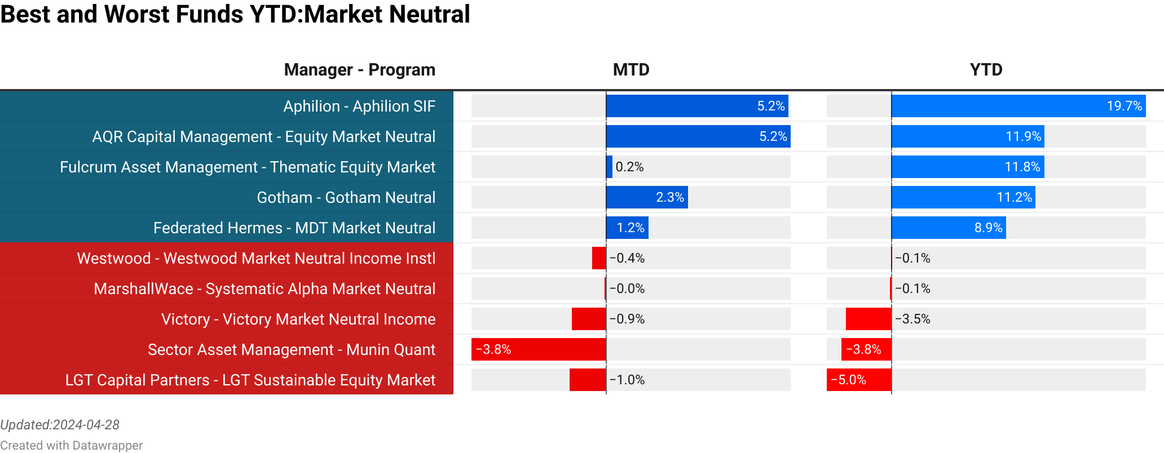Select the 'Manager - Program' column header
(x=359, y=70)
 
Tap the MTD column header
(x=631, y=70)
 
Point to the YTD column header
(x=986, y=70)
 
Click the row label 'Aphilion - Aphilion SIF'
(x=359, y=106)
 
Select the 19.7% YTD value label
(x=1124, y=106)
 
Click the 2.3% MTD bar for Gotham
(x=646, y=198)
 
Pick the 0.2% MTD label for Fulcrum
(x=629, y=167)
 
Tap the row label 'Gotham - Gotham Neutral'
(x=346, y=198)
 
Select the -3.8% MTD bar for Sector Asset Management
(x=539, y=350)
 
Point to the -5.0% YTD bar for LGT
(x=859, y=380)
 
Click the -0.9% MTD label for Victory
(x=627, y=319)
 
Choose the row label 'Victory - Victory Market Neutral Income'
(x=298, y=319)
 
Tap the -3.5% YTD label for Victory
(x=912, y=319)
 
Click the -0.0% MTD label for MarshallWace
(x=627, y=289)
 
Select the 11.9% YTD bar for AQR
(x=967, y=137)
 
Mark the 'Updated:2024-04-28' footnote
(x=60, y=425)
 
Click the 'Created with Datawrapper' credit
(x=71, y=446)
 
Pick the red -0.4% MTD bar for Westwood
(x=598, y=259)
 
